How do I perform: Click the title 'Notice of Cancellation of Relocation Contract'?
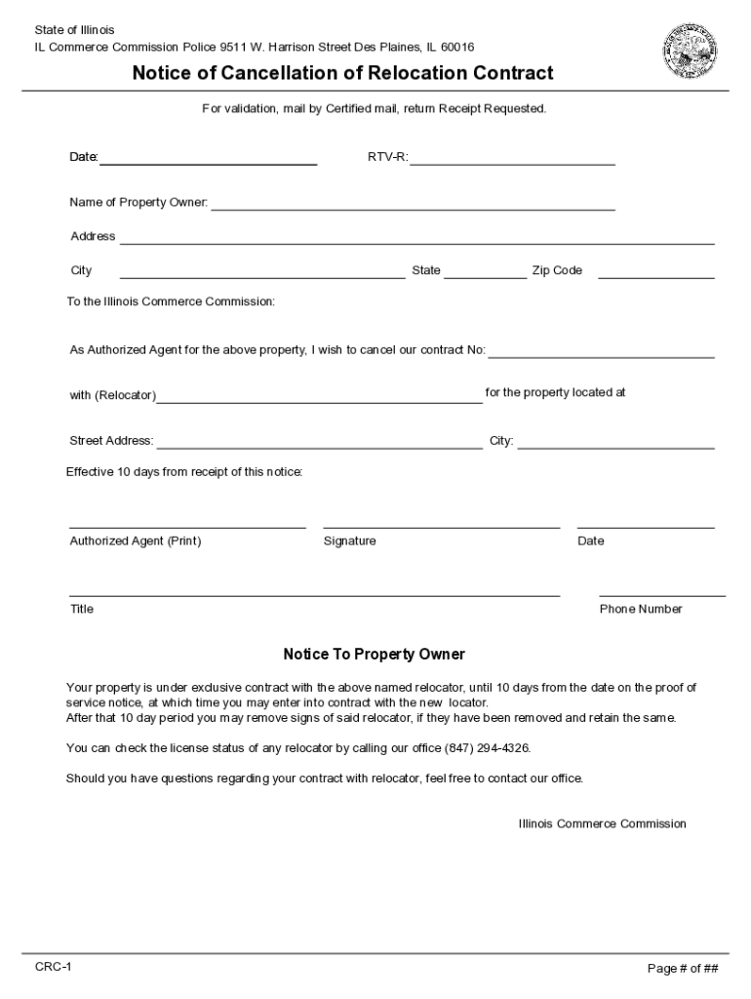(x=342, y=73)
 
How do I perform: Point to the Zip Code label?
(x=557, y=271)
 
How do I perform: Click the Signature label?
(x=349, y=541)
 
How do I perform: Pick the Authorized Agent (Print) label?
(x=136, y=541)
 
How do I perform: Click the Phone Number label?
(x=641, y=610)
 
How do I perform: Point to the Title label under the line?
(x=82, y=610)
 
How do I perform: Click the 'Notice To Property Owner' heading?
(x=374, y=655)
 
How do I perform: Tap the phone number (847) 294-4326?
(x=487, y=748)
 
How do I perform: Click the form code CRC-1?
(x=53, y=967)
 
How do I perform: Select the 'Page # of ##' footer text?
(x=683, y=969)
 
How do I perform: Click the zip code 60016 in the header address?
(x=457, y=47)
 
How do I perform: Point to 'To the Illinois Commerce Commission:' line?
(x=171, y=302)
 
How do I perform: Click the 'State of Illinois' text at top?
(x=74, y=30)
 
